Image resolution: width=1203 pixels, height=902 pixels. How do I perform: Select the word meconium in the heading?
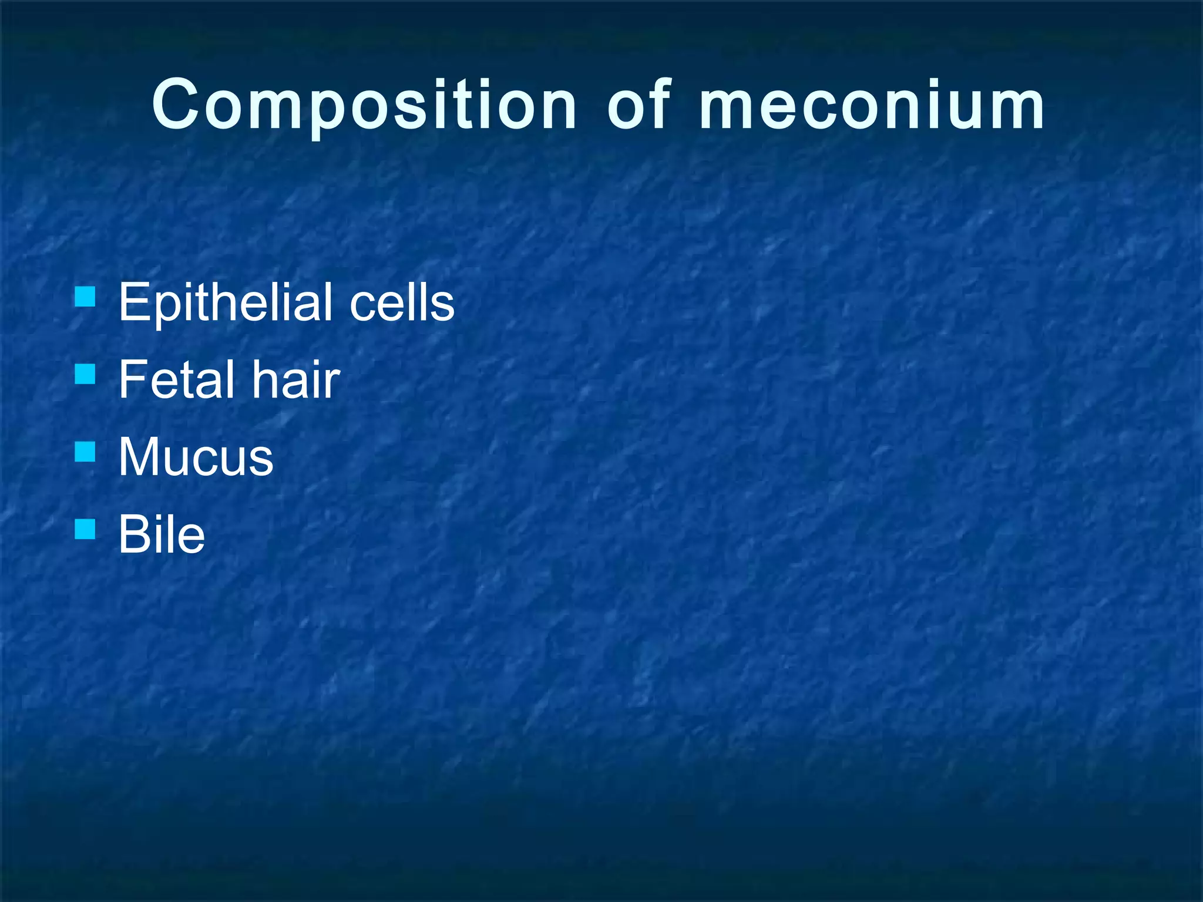[x=872, y=106]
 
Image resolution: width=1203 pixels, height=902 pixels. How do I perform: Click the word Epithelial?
[x=227, y=303]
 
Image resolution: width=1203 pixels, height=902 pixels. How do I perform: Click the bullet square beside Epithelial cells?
[x=85, y=297]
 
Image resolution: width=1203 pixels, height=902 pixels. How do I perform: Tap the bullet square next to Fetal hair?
[x=85, y=374]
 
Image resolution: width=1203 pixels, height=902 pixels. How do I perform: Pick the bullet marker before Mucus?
[x=85, y=452]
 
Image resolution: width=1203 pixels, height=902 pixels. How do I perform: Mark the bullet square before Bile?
[x=85, y=529]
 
